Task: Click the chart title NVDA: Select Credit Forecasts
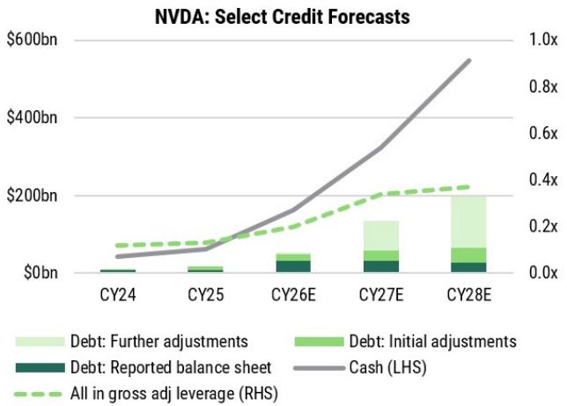pos(283,17)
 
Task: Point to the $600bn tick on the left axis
pos(33,40)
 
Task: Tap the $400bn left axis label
pos(33,117)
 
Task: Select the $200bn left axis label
pos(33,196)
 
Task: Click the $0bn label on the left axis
pos(40,272)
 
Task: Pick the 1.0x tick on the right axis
pos(543,40)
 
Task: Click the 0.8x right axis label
pos(543,86)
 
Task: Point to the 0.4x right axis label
pos(543,180)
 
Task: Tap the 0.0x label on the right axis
pos(543,272)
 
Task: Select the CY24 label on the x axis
pos(118,295)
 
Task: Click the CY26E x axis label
pos(293,295)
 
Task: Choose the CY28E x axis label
pos(469,295)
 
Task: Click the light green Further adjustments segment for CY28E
pos(468,222)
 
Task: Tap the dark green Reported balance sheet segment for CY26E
pos(293,266)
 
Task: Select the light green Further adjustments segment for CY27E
pos(381,235)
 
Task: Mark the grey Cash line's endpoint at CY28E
pos(469,61)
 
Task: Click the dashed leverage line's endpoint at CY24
pos(117,246)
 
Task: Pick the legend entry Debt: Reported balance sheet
pos(144,367)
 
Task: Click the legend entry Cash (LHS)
pos(360,367)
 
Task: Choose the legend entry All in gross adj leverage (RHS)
pos(146,394)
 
